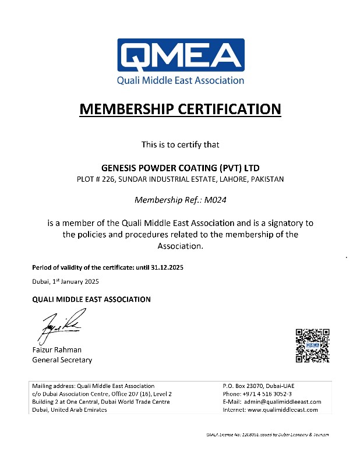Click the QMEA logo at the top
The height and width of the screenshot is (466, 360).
click(x=181, y=56)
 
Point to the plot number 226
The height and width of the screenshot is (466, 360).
click(x=108, y=179)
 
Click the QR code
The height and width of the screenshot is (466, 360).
click(x=313, y=345)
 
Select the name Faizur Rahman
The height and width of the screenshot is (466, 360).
click(x=57, y=349)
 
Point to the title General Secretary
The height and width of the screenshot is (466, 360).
click(x=62, y=360)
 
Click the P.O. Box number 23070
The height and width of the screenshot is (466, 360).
click(x=260, y=386)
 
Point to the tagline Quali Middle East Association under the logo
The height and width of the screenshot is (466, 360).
click(x=181, y=80)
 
